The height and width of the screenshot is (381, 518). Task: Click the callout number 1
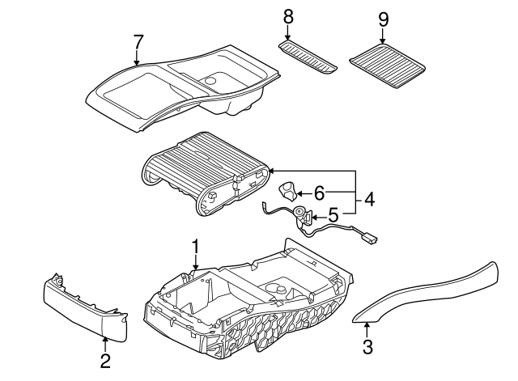(194, 245)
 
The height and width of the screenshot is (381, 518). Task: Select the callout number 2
(105, 361)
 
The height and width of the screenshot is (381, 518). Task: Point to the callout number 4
(369, 197)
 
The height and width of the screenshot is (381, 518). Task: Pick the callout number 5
(333, 216)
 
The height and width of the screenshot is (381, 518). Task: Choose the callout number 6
(319, 193)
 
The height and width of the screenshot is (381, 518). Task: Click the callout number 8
(287, 16)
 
